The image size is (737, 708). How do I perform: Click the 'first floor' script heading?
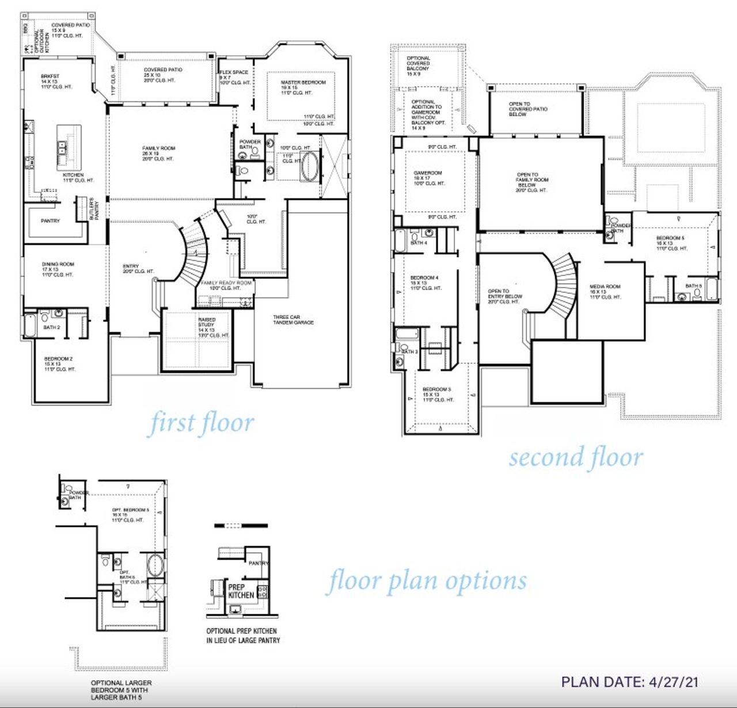pos(202,423)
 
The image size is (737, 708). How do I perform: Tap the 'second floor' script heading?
pos(575,458)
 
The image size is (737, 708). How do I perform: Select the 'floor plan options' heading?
pos(427,581)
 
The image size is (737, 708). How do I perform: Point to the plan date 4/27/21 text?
pos(630,682)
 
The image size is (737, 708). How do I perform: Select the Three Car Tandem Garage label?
pos(293,320)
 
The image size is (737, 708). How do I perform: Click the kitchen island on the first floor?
pos(69,147)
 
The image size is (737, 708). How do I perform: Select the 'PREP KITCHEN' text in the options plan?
pos(241,591)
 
